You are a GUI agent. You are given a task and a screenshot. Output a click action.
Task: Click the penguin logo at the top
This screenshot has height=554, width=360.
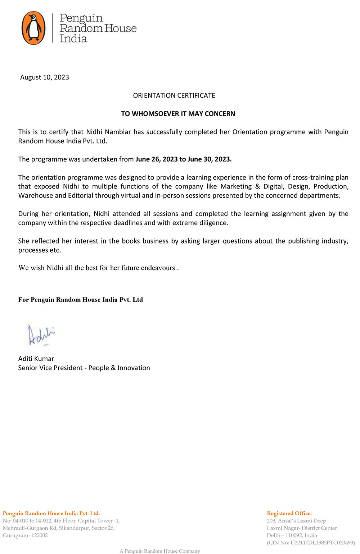coord(33,28)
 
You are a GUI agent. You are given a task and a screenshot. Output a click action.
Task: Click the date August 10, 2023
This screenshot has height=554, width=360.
coord(45,77)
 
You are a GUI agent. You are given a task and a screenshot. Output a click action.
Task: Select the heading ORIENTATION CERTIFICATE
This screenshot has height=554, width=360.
coord(174,95)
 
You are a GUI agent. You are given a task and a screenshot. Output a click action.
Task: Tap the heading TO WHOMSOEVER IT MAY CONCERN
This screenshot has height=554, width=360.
coord(178,114)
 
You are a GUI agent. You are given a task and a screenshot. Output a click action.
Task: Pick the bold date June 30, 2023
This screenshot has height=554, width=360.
coord(210,159)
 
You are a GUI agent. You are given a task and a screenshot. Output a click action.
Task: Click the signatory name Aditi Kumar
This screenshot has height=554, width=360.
coord(36,359)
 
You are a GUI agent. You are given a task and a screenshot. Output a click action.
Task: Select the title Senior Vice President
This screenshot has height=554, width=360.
coord(50,368)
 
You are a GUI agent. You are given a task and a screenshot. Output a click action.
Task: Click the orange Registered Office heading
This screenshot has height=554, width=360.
coord(289,513)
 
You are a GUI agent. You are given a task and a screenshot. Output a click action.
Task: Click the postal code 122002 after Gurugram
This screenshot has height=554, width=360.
coord(39,535)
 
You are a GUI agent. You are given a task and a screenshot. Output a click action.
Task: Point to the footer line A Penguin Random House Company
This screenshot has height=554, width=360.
coord(160,551)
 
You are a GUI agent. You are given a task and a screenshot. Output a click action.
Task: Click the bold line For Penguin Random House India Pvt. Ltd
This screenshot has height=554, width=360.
coord(81,300)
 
